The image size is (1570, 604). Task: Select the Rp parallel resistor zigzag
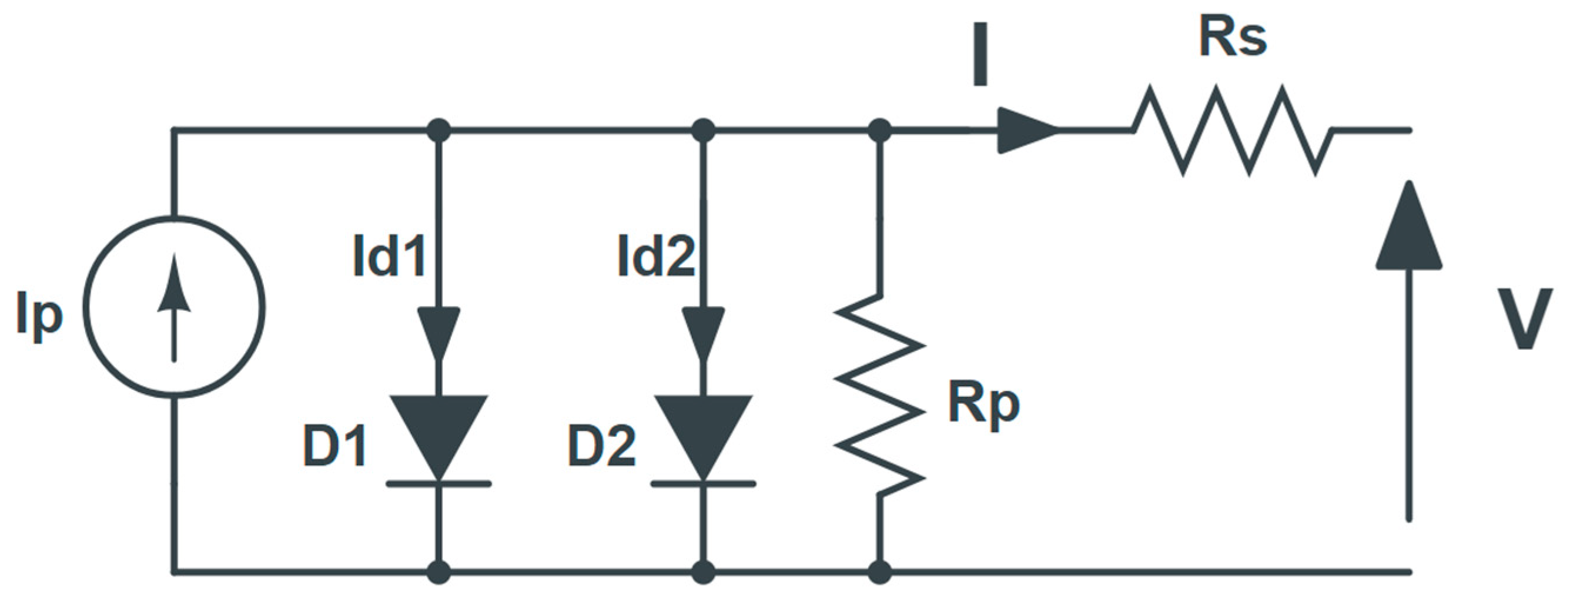(x=879, y=396)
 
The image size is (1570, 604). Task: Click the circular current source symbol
(x=175, y=307)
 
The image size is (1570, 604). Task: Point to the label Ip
(x=39, y=317)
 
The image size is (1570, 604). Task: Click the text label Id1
(x=389, y=256)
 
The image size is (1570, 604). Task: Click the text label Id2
(x=656, y=256)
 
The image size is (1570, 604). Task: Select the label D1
(x=334, y=447)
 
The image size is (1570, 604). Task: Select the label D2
(x=601, y=447)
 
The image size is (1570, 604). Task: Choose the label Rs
(x=1233, y=38)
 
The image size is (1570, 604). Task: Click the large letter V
(x=1525, y=318)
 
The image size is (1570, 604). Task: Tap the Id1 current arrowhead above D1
(x=439, y=333)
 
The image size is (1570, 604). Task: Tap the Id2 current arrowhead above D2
(x=704, y=333)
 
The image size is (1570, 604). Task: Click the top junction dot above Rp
(x=879, y=131)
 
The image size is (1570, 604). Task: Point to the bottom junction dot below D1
(x=439, y=572)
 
